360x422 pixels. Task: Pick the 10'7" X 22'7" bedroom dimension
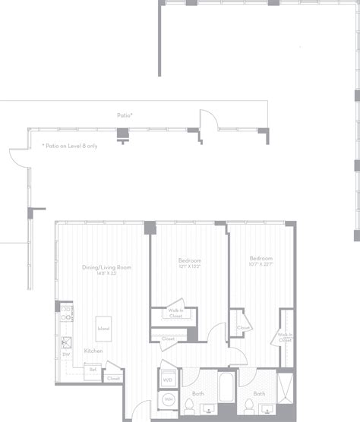coord(261,265)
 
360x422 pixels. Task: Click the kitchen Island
coord(103,329)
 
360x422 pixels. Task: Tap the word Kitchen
coord(93,351)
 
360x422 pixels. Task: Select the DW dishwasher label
coord(67,354)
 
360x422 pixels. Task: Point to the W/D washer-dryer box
coord(167,378)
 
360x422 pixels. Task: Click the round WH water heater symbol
coord(167,398)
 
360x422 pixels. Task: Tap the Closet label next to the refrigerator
coord(113,378)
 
